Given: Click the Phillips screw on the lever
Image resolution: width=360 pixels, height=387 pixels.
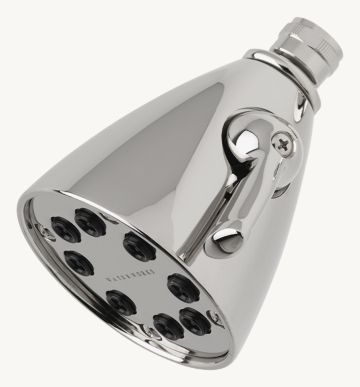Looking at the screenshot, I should point(282,143).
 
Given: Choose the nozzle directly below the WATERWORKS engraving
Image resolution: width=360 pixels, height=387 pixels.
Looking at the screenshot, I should point(122,301).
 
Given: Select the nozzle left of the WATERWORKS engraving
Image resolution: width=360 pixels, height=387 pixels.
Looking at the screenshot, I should point(79,262).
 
